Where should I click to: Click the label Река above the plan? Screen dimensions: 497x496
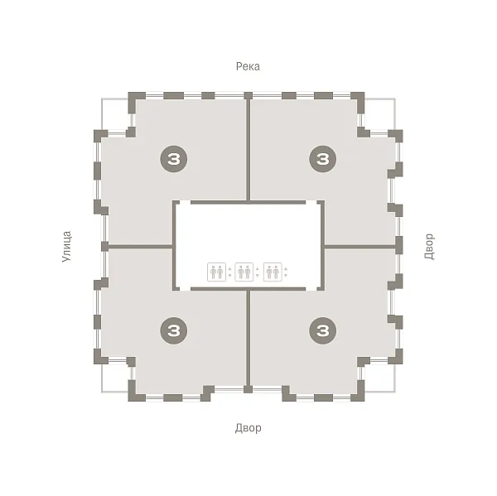pyautogui.click(x=248, y=66)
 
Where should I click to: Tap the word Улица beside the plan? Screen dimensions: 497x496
pyautogui.click(x=66, y=247)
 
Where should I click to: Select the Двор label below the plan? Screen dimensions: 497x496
pyautogui.click(x=248, y=428)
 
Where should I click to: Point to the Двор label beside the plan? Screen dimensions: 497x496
pyautogui.click(x=429, y=247)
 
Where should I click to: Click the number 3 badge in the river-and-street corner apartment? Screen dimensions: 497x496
pyautogui.click(x=173, y=159)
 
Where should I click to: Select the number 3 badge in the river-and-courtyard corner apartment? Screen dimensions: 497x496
pyautogui.click(x=323, y=159)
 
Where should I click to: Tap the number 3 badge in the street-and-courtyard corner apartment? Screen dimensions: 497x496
pyautogui.click(x=173, y=331)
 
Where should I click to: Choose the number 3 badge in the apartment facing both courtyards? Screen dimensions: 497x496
pyautogui.click(x=323, y=331)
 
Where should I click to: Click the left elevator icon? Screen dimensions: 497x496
pyautogui.click(x=216, y=272)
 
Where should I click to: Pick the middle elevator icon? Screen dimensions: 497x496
pyautogui.click(x=244, y=272)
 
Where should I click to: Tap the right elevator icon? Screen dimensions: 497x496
pyautogui.click(x=273, y=272)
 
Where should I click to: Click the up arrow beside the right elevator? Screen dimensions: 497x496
pyautogui.click(x=286, y=269)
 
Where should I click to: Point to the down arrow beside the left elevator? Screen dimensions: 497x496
pyautogui.click(x=229, y=276)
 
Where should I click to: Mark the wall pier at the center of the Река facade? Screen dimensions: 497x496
pyautogui.click(x=248, y=95)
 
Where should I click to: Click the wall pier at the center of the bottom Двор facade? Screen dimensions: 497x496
pyautogui.click(x=248, y=389)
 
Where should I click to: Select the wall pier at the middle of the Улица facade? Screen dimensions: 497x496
pyautogui.click(x=104, y=246)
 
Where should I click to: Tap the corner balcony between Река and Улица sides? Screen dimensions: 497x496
pyautogui.click(x=116, y=114)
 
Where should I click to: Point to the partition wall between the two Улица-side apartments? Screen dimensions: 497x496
pyautogui.click(x=141, y=246)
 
